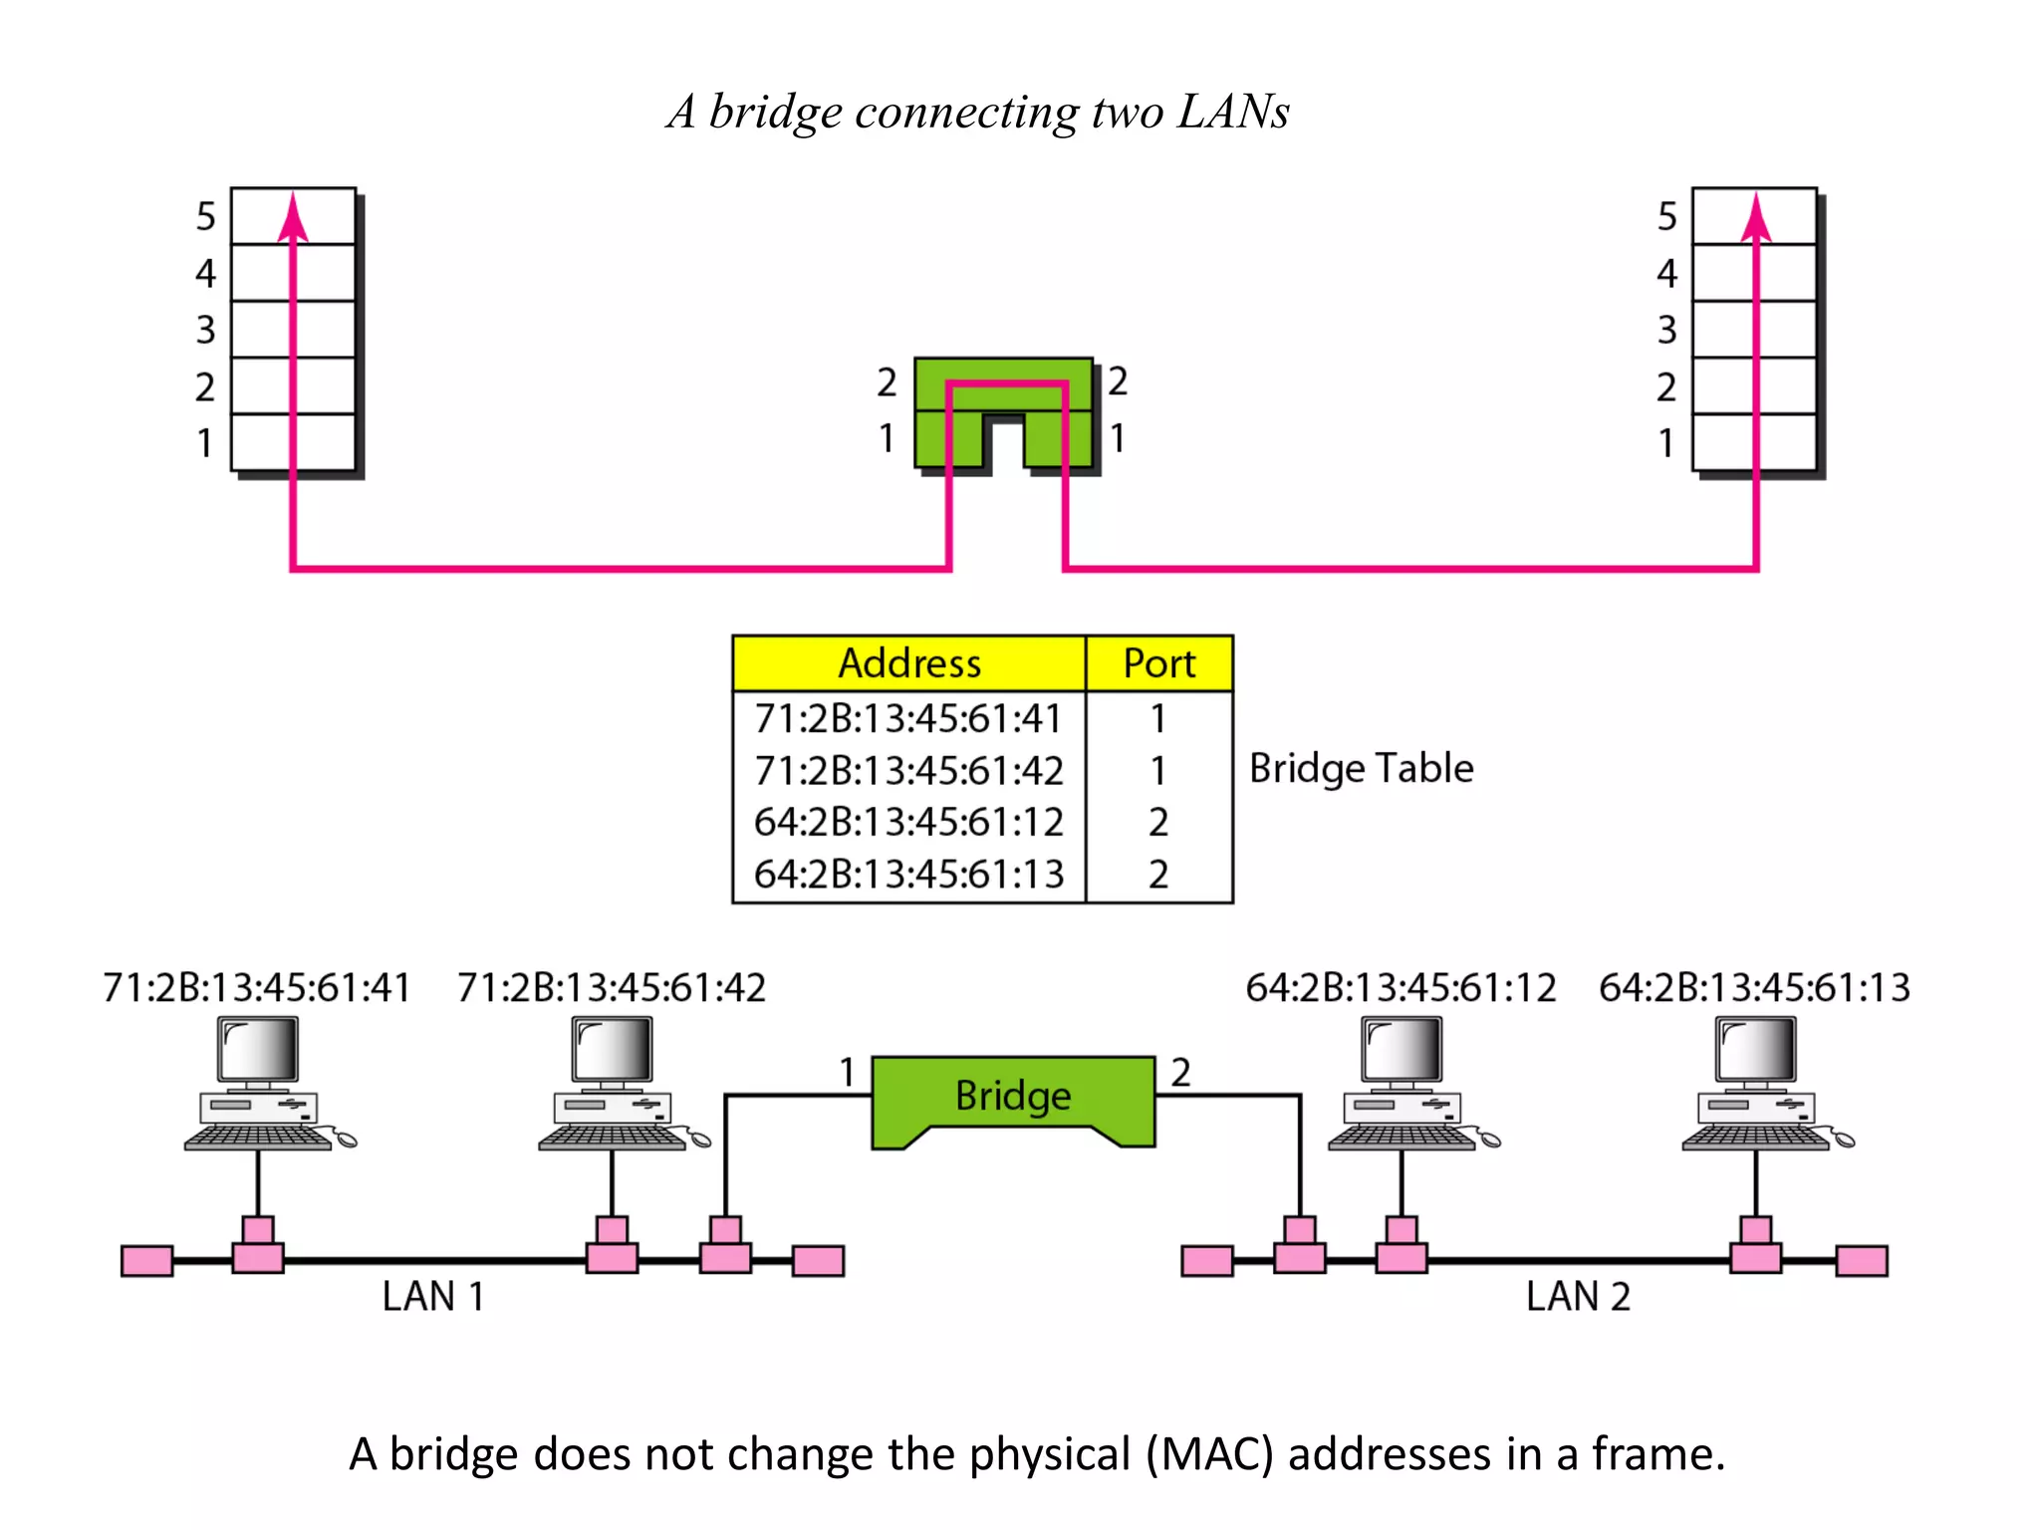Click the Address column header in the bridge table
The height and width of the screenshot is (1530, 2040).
pyautogui.click(x=908, y=663)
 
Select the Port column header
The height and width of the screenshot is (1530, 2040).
pyautogui.click(x=1158, y=663)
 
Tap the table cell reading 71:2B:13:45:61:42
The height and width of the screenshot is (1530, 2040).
pyautogui.click(x=908, y=771)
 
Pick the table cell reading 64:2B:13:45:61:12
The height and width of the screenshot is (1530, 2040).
pyautogui.click(x=908, y=823)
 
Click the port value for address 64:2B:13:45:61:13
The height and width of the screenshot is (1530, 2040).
pyautogui.click(x=1157, y=875)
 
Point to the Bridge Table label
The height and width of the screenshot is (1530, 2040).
pyautogui.click(x=1361, y=769)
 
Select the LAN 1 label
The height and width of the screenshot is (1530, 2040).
pyautogui.click(x=433, y=1297)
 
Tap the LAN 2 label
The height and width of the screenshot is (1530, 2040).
pyautogui.click(x=1578, y=1297)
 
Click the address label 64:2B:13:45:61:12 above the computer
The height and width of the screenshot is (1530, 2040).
pyautogui.click(x=1401, y=988)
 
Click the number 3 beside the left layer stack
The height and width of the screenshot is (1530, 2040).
pyautogui.click(x=205, y=330)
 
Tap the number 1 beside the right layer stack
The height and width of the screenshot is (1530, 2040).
pyautogui.click(x=1665, y=443)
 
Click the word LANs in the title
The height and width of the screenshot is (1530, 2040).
pyautogui.click(x=1233, y=112)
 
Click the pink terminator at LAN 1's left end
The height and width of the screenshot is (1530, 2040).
pyautogui.click(x=146, y=1261)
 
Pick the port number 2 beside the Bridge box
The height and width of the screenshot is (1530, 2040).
pyautogui.click(x=1180, y=1073)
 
